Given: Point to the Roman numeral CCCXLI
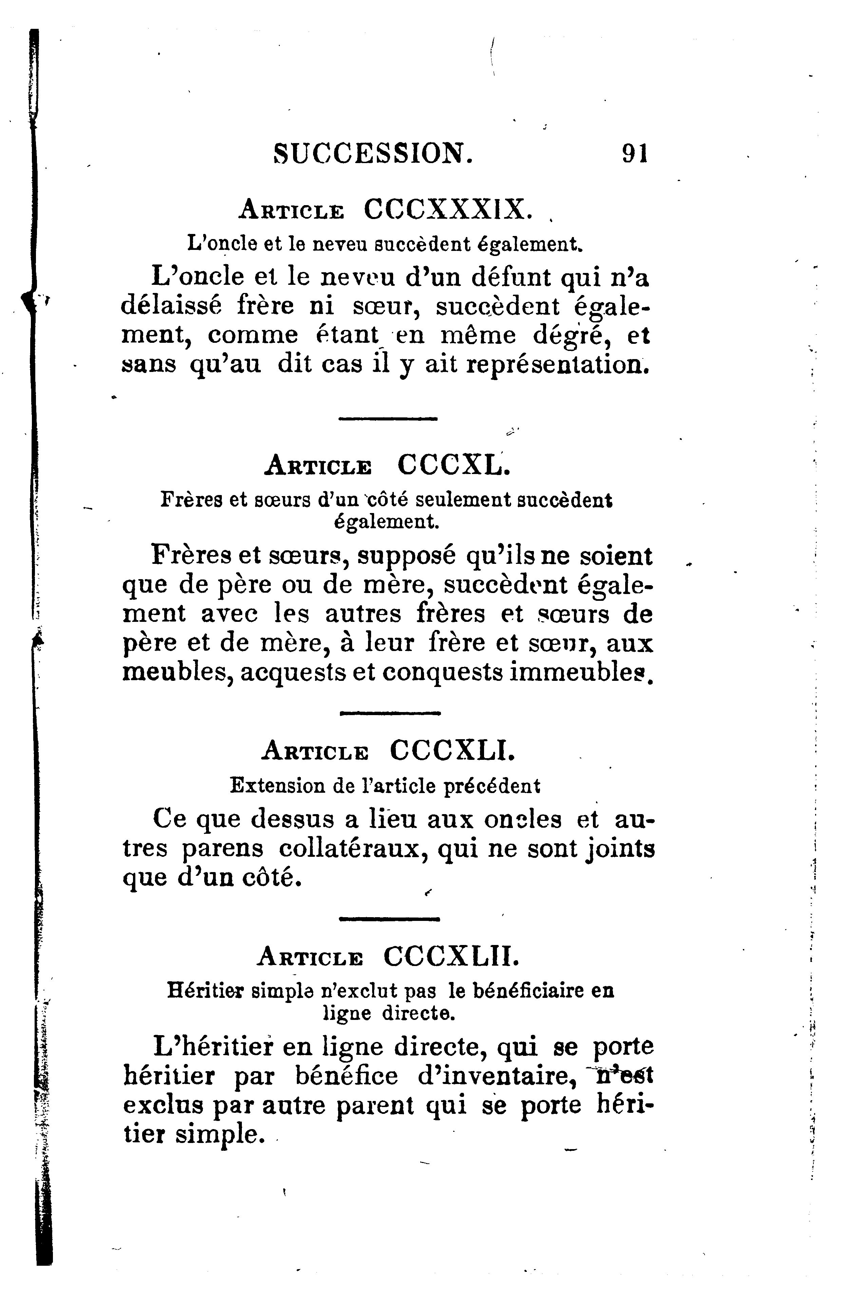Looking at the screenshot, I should click(452, 750).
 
